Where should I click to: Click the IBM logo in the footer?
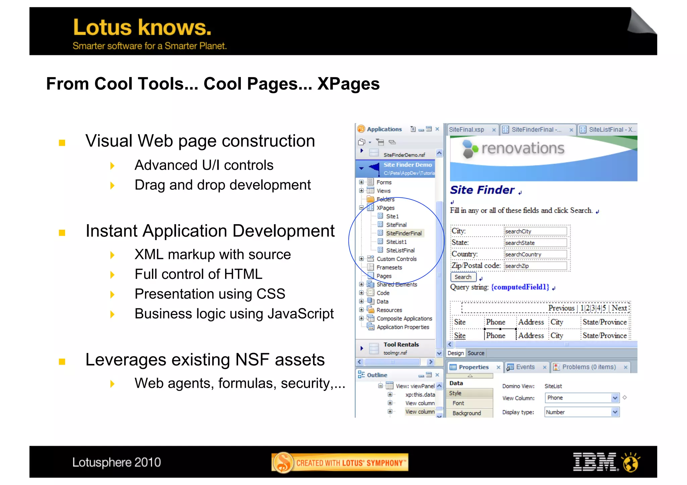(x=595, y=462)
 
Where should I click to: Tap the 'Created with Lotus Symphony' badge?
(x=340, y=463)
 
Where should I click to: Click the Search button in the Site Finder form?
(x=463, y=277)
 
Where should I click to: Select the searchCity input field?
(x=535, y=231)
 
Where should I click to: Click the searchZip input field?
(x=535, y=266)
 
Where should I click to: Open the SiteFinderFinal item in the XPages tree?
(x=404, y=233)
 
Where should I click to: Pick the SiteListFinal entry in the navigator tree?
(x=400, y=250)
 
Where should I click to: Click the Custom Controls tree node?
(x=396, y=259)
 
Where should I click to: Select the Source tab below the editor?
(x=476, y=353)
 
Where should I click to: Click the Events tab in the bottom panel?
(x=525, y=367)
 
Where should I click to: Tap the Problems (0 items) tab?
(x=589, y=367)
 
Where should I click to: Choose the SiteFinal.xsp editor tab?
(x=467, y=130)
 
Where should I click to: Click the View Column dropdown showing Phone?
(x=582, y=398)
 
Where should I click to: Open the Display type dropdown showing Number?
(x=582, y=412)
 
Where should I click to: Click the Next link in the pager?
(x=619, y=308)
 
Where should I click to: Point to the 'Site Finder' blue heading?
(x=482, y=190)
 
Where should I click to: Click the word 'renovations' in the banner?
(x=523, y=148)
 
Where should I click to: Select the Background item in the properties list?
(x=467, y=413)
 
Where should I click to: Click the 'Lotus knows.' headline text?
(x=142, y=27)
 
